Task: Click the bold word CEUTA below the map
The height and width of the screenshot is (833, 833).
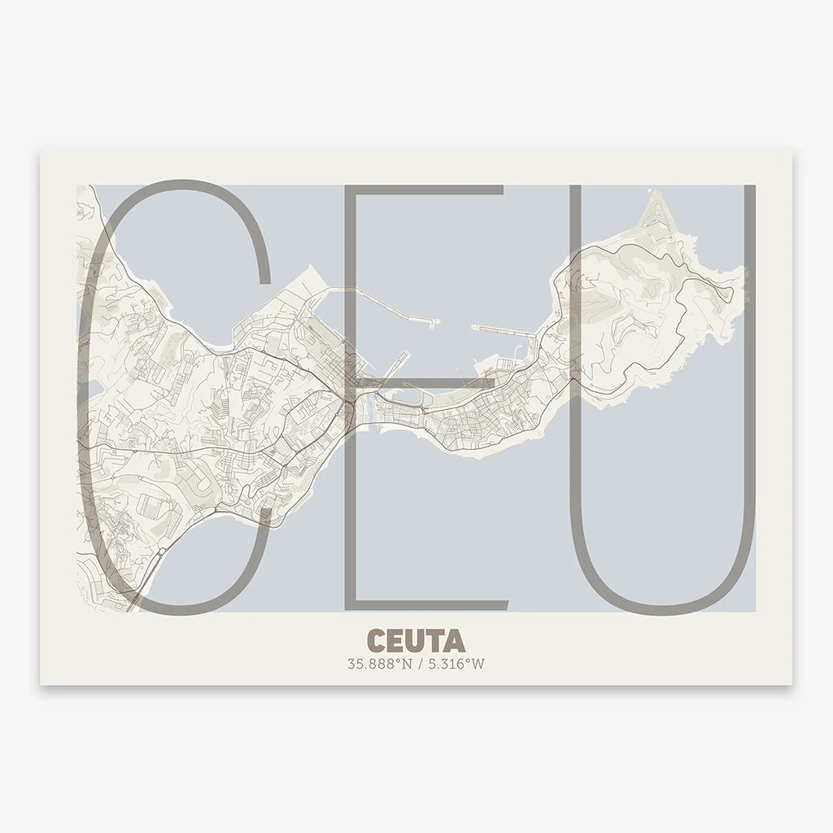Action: coord(416,640)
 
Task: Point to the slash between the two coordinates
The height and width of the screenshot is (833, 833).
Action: coord(417,664)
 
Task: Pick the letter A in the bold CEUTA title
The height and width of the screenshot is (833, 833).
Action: coord(456,640)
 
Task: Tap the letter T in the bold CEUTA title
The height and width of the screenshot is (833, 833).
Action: coord(436,640)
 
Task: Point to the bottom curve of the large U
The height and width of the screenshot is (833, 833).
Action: coord(662,608)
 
